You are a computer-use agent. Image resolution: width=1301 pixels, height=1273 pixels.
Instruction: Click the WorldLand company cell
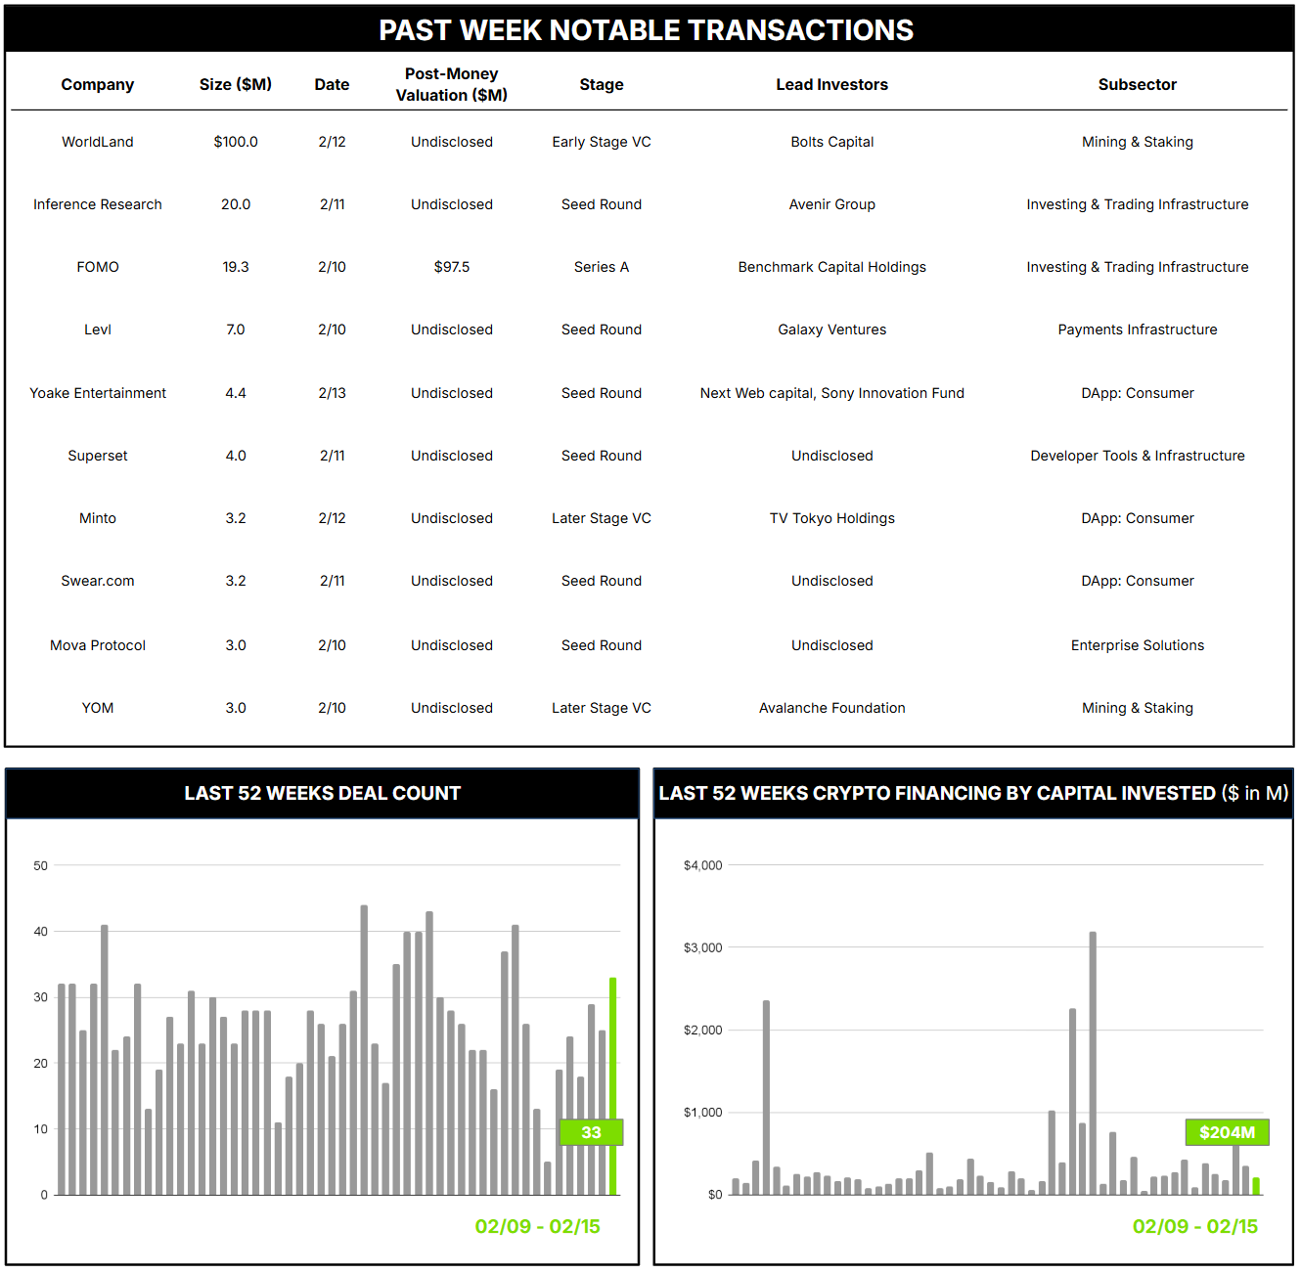[x=98, y=142]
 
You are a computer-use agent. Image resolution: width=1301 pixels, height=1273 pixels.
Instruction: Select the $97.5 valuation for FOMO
[x=452, y=267]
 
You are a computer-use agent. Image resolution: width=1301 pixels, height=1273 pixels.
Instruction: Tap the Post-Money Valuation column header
[x=452, y=84]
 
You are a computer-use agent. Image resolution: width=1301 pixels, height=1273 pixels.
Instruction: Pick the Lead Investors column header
[x=831, y=85]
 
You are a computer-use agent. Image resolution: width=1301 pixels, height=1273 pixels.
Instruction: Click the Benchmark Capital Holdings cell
[x=831, y=267]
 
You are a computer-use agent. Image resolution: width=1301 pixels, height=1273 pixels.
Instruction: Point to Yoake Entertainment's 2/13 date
[x=332, y=393]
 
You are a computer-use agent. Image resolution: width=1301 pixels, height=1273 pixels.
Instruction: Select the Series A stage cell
[x=601, y=267]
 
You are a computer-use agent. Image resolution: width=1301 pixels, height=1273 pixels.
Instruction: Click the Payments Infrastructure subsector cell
[x=1137, y=329]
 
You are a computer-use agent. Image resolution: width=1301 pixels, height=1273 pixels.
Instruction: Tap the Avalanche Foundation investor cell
[x=831, y=708]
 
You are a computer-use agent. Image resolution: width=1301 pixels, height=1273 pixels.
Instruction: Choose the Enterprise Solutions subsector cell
[x=1137, y=645]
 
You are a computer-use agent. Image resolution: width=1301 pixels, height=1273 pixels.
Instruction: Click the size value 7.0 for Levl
[x=236, y=329]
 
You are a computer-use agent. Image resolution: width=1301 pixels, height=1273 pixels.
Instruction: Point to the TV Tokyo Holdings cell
[x=831, y=518]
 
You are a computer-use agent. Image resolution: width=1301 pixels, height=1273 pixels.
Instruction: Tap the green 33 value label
[x=591, y=1132]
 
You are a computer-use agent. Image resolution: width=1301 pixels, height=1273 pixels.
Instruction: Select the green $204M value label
[x=1227, y=1132]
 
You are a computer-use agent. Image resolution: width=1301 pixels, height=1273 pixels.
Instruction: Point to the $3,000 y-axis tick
[x=702, y=947]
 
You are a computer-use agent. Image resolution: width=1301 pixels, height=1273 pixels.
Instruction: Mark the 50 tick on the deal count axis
[x=40, y=865]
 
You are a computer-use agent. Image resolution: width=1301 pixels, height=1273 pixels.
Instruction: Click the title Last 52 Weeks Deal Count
[x=322, y=793]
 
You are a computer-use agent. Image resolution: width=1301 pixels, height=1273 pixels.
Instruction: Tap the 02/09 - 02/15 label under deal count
[x=537, y=1226]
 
